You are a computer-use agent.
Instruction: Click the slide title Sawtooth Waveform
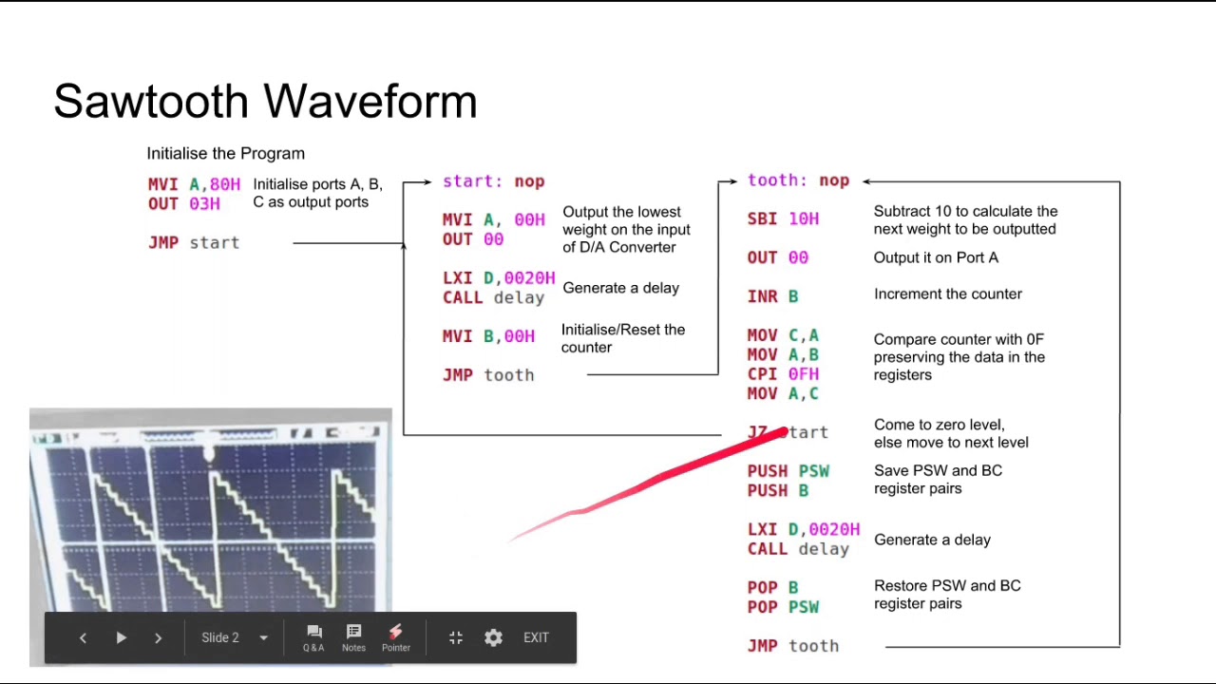click(265, 101)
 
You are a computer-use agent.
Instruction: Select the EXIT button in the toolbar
click(536, 637)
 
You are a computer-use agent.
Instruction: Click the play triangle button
click(121, 637)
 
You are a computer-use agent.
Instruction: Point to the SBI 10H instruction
click(783, 218)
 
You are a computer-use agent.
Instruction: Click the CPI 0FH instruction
click(783, 374)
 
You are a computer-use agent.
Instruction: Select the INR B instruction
click(772, 296)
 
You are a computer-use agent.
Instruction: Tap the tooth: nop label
click(798, 180)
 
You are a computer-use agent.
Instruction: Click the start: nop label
click(493, 181)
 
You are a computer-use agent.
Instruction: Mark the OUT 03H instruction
click(184, 203)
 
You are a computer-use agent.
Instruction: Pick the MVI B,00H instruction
click(488, 336)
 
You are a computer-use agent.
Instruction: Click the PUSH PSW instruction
click(788, 471)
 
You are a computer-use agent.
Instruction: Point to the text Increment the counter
click(947, 294)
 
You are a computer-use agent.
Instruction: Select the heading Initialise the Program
click(225, 154)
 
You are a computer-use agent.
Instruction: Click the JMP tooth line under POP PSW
click(793, 646)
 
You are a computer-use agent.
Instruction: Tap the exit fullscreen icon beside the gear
click(456, 637)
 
